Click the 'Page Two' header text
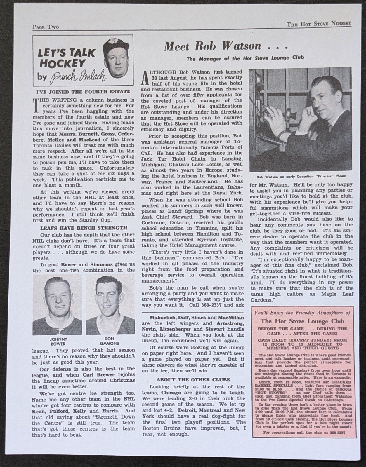[x=46, y=27]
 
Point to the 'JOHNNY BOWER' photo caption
[x=58, y=341]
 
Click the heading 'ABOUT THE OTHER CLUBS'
[x=193, y=380]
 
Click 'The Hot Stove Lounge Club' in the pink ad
[x=302, y=321]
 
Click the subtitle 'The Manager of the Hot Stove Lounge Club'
[x=245, y=57]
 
